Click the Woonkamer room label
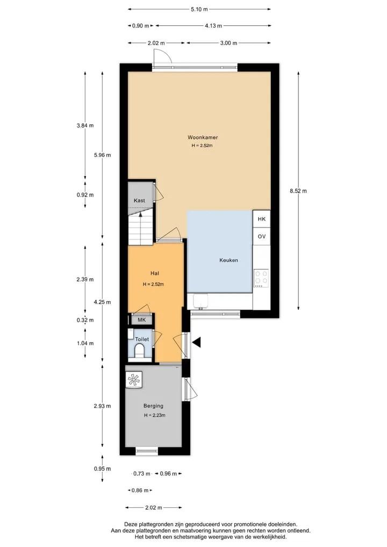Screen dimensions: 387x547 pyautogui.click(x=203, y=137)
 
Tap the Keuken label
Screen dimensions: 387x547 pyautogui.click(x=229, y=260)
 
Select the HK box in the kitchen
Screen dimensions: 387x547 pyautogui.click(x=261, y=219)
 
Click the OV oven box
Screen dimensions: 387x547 pyautogui.click(x=261, y=236)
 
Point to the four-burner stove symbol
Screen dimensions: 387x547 pyautogui.click(x=261, y=278)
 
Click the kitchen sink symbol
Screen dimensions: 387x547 pyautogui.click(x=200, y=301)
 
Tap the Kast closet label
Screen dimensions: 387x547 pyautogui.click(x=139, y=200)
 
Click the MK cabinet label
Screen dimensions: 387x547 pyautogui.click(x=141, y=319)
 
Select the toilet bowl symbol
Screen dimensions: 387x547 pyautogui.click(x=139, y=350)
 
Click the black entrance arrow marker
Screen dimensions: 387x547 pyautogui.click(x=197, y=343)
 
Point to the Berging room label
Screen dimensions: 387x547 pyautogui.click(x=153, y=406)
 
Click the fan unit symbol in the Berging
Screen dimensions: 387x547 pyautogui.click(x=134, y=379)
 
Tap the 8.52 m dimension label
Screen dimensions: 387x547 pyautogui.click(x=298, y=191)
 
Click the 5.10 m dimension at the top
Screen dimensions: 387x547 pyautogui.click(x=199, y=10)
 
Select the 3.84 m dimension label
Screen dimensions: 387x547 pyautogui.click(x=85, y=125)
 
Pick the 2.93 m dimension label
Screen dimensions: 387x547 pyautogui.click(x=102, y=406)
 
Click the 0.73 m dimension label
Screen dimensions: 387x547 pyautogui.click(x=142, y=473)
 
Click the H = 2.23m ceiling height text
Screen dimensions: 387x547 pyautogui.click(x=154, y=415)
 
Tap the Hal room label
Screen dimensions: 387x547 pyautogui.click(x=155, y=273)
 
